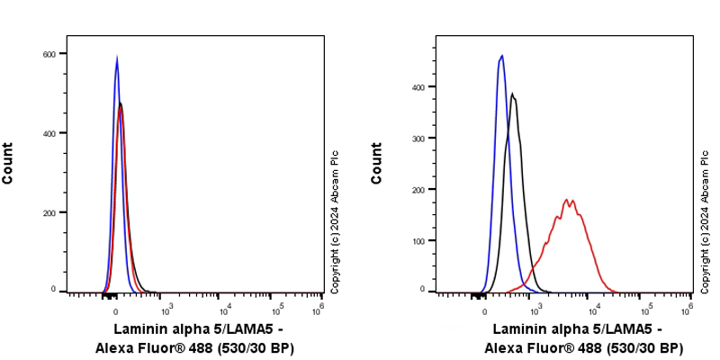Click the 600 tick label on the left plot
coord(50,54)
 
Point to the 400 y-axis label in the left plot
coord(50,133)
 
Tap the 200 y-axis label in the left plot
coord(50,212)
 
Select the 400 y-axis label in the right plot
coord(418,87)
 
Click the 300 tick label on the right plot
coord(418,138)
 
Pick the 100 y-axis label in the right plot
coord(418,241)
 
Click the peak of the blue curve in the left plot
coord(117,58)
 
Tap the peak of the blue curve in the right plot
coord(502,56)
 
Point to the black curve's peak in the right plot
coord(512,94)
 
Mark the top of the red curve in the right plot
coord(567,200)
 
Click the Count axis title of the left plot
coord(8,164)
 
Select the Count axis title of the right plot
coord(377,164)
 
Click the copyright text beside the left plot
coord(335,221)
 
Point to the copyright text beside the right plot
coord(705,221)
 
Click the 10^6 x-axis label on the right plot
coord(688,309)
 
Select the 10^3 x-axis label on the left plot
coord(166,309)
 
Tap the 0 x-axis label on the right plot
coord(485,309)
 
